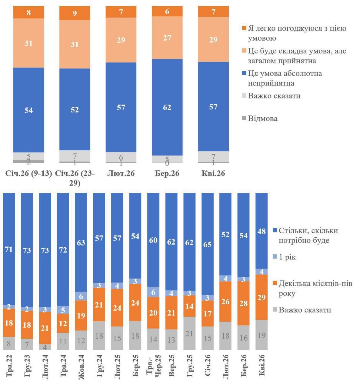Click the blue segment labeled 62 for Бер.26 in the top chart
pyautogui.click(x=167, y=107)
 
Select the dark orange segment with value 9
pyautogui.click(x=75, y=13)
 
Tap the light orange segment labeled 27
pyautogui.click(x=167, y=38)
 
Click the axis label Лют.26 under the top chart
pyautogui.click(x=121, y=173)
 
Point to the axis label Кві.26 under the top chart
pyautogui.click(x=213, y=173)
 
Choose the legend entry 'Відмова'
pyautogui.click(x=262, y=118)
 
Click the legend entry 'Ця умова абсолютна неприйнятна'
pyautogui.click(x=285, y=78)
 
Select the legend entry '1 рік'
pyautogui.click(x=287, y=257)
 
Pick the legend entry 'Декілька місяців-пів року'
pyautogui.click(x=315, y=288)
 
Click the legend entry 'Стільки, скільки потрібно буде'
pyautogui.click(x=308, y=235)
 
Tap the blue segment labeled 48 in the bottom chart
pyautogui.click(x=262, y=231)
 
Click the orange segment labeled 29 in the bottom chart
pyautogui.click(x=262, y=297)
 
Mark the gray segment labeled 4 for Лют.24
pyautogui.click(x=45, y=347)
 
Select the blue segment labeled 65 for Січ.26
pyautogui.click(x=207, y=244)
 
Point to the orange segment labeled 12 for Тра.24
pyautogui.click(x=63, y=323)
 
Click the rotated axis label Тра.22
pyautogui.click(x=9, y=365)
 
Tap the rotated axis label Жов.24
pyautogui.click(x=81, y=365)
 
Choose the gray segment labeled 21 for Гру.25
pyautogui.click(x=189, y=333)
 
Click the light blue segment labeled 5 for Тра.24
pyautogui.click(x=63, y=310)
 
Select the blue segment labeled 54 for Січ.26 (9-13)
pyautogui.click(x=28, y=110)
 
